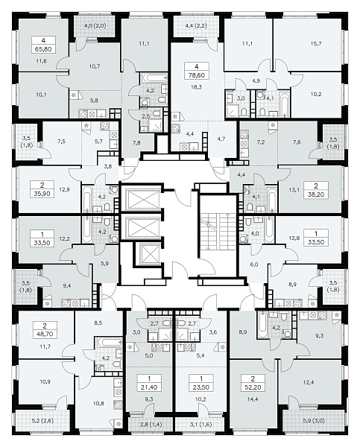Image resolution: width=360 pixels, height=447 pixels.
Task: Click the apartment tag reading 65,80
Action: [x=43, y=45]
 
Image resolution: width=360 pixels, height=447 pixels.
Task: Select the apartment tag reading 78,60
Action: [x=197, y=71]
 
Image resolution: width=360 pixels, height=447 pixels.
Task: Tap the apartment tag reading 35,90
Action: [x=42, y=190]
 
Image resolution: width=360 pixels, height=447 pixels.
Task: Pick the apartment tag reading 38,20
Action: [x=316, y=191]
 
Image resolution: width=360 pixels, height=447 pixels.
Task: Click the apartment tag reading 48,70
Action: [x=45, y=329]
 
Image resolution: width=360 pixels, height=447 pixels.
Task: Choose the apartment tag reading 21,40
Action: [x=149, y=383]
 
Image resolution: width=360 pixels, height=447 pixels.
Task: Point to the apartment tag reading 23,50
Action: [x=201, y=383]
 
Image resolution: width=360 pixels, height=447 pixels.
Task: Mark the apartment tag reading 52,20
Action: [x=253, y=383]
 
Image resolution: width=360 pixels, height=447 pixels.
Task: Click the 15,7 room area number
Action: [x=315, y=44]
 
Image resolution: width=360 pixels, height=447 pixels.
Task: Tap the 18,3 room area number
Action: [x=196, y=87]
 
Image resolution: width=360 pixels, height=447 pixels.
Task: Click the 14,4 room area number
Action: [x=253, y=399]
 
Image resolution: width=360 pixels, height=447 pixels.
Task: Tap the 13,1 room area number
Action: [x=293, y=189]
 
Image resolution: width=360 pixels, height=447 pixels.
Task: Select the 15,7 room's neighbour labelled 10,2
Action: [x=315, y=94]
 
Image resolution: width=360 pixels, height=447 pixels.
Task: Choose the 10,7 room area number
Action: [x=95, y=66]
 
